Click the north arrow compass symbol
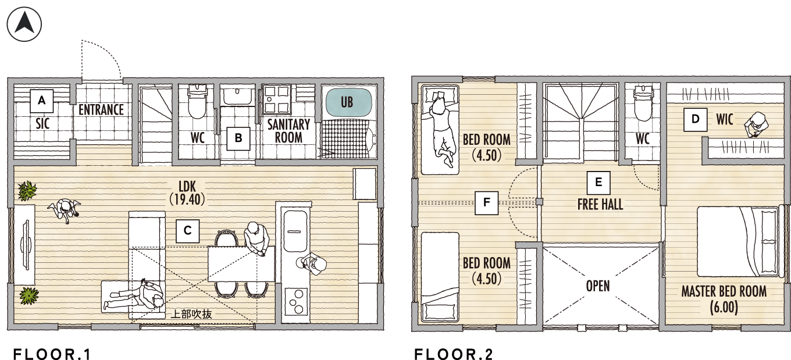[x=24, y=24]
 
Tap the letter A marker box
[x=42, y=101]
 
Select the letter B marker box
[x=238, y=138]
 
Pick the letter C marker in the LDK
[x=187, y=231]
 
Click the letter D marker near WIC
[x=695, y=119]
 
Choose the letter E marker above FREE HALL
[x=598, y=183]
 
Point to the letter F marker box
[x=487, y=203]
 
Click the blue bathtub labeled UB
[x=348, y=102]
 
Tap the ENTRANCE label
[x=101, y=110]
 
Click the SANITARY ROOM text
[x=288, y=131]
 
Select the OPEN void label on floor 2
[x=598, y=286]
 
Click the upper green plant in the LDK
[x=27, y=191]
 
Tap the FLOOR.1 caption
[x=52, y=354]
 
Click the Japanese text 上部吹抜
[x=191, y=314]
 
